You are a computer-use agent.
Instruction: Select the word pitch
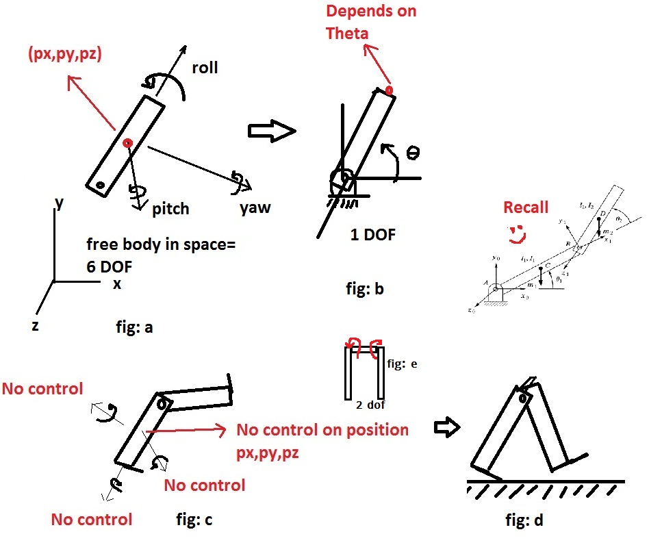coord(170,208)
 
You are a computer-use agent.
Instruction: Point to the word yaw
coord(255,208)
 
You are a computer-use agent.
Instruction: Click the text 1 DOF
coord(372,236)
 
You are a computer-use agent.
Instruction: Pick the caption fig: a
coord(134,327)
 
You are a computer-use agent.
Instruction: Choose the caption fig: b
coord(365,289)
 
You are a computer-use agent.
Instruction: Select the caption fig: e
coord(403,364)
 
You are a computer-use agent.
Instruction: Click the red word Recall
coord(526,207)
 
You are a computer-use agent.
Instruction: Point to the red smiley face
coord(515,234)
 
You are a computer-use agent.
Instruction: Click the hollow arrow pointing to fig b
coord(271,131)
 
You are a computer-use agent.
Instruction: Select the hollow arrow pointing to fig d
coord(449,429)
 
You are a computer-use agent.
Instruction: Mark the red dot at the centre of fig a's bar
coord(127,143)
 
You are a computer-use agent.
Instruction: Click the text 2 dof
coord(370,405)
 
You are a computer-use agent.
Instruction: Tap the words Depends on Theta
coord(371,22)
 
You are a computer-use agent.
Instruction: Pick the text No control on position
coord(322,431)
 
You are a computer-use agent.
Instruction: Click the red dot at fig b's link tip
coord(389,90)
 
